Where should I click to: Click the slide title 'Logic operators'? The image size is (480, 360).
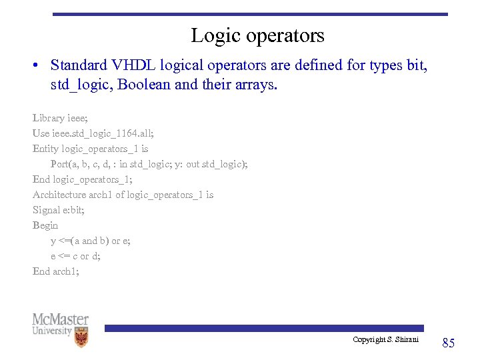[x=257, y=35]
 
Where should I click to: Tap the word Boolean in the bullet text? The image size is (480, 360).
[x=142, y=85]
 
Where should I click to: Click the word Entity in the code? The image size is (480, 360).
[x=45, y=149]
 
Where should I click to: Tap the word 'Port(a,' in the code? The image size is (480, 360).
[x=67, y=164]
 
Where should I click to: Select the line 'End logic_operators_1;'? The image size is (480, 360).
[x=83, y=179]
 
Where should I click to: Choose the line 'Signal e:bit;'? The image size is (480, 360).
[x=59, y=210]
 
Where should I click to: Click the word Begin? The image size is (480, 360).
[x=45, y=225]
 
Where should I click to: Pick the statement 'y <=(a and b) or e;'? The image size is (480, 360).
[x=91, y=241]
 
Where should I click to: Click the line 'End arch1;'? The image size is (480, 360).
[x=56, y=271]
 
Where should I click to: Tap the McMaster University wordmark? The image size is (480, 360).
[x=60, y=323]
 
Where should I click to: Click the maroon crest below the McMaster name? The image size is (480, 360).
[x=81, y=339]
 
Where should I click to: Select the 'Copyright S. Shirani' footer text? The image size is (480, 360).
[x=385, y=340]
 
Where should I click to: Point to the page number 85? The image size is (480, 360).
[x=448, y=343]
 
